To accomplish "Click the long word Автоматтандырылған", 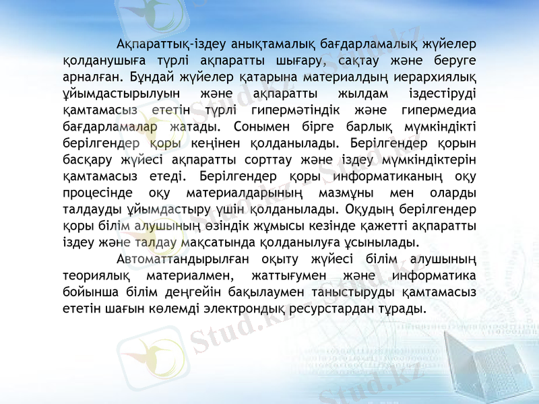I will (x=183, y=259).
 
